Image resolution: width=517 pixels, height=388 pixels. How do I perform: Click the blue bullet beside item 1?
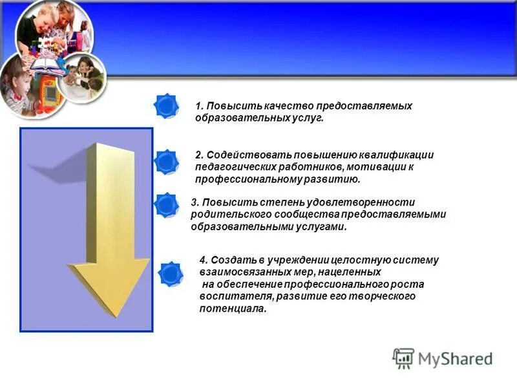(167, 105)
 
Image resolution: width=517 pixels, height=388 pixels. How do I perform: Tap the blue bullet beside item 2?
(167, 162)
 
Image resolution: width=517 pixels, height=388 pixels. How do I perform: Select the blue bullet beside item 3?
(167, 204)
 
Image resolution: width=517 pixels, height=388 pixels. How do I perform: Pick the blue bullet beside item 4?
(171, 274)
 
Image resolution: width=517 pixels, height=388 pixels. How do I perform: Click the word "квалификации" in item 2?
(397, 155)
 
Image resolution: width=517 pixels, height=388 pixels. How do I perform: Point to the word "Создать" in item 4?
(229, 260)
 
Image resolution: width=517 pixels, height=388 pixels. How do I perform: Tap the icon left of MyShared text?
(403, 358)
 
